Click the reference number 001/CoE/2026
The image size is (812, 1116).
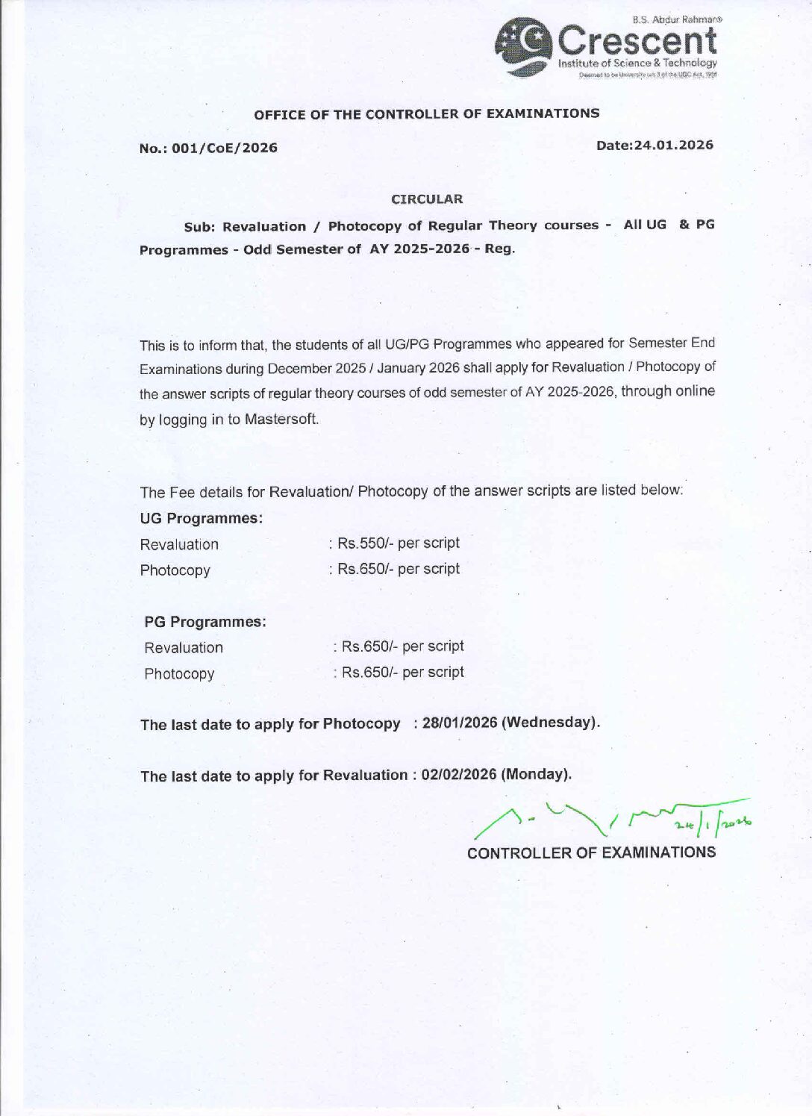coord(224,148)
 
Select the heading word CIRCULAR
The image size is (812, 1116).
coord(427,199)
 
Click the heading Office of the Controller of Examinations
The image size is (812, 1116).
coord(426,114)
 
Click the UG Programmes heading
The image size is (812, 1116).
coord(201,518)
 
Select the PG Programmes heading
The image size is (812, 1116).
coord(205,622)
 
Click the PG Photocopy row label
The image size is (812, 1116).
coord(179,673)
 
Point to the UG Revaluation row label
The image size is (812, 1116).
coord(179,544)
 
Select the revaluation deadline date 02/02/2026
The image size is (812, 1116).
coord(458,774)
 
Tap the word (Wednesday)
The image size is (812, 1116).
coord(551,723)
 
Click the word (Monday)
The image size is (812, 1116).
coord(536,774)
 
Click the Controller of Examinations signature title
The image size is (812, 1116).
coord(591,852)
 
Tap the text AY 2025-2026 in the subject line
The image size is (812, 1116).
coord(419,249)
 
